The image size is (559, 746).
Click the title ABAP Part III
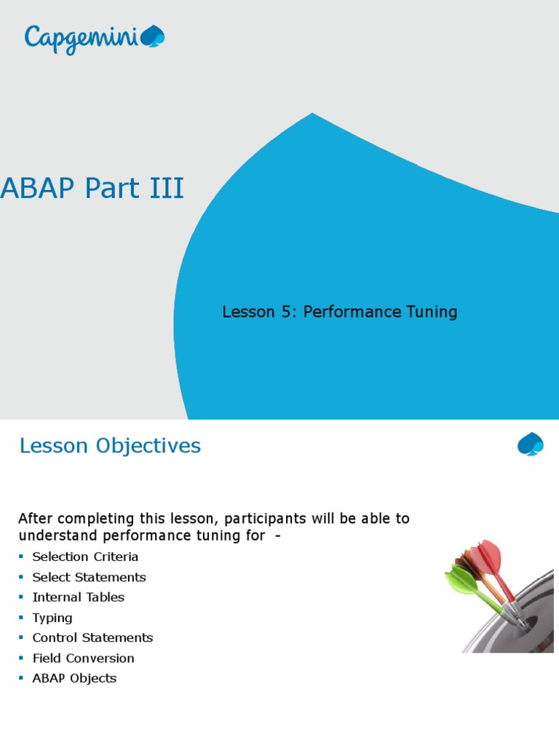pyautogui.click(x=92, y=189)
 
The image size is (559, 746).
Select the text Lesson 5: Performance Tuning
pyautogui.click(x=339, y=313)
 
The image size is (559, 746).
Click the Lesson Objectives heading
pyautogui.click(x=110, y=446)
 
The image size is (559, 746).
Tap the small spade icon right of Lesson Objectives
pyautogui.click(x=530, y=444)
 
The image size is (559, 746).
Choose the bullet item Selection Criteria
pyautogui.click(x=85, y=557)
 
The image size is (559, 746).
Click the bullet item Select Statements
pyautogui.click(x=89, y=577)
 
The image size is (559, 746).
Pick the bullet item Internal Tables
pyautogui.click(x=78, y=597)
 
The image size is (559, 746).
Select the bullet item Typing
pyautogui.click(x=52, y=618)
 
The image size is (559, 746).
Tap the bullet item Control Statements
pyautogui.click(x=92, y=637)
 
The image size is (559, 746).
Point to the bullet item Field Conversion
pyautogui.click(x=83, y=658)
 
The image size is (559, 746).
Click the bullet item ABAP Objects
pyautogui.click(x=74, y=678)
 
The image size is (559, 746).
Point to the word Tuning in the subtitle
pyautogui.click(x=432, y=313)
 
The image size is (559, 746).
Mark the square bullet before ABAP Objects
pyautogui.click(x=21, y=679)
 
